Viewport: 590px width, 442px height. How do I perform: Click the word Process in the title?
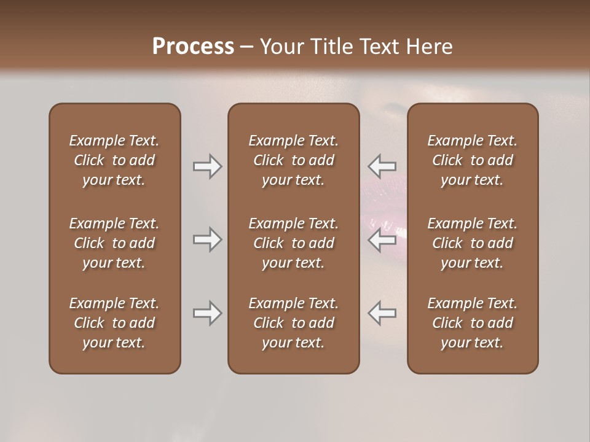(x=193, y=47)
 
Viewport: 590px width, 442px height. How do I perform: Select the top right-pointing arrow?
(x=208, y=166)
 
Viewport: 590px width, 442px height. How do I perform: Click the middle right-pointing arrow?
(x=208, y=239)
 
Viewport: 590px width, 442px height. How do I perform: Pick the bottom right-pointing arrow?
(x=208, y=313)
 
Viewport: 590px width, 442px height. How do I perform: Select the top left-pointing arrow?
(x=382, y=166)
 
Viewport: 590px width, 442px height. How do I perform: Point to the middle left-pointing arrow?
(x=382, y=239)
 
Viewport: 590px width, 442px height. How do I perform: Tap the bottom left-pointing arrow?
(x=382, y=313)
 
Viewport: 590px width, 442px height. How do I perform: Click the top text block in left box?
(x=114, y=160)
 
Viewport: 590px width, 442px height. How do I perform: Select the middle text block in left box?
(x=114, y=243)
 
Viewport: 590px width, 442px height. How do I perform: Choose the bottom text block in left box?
(x=114, y=323)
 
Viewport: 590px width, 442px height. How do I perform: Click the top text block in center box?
(x=293, y=160)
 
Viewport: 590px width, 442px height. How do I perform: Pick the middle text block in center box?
(x=293, y=243)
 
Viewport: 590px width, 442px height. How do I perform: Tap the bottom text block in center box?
(x=293, y=323)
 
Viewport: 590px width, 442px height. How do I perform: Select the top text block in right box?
(x=472, y=160)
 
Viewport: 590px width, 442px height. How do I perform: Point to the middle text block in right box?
(x=472, y=243)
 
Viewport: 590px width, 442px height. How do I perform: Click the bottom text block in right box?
(x=472, y=323)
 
